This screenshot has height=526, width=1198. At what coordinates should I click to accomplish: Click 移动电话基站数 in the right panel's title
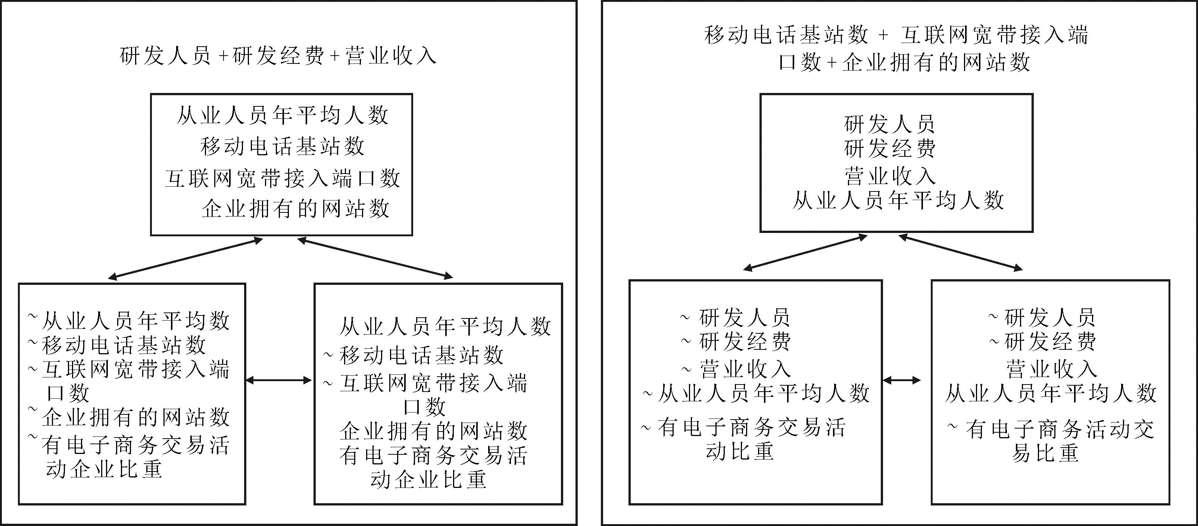786,35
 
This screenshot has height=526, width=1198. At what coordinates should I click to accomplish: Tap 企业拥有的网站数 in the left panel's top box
296,209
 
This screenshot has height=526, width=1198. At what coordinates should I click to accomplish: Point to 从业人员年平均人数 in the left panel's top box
282,115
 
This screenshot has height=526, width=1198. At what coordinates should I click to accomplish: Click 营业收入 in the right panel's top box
890,176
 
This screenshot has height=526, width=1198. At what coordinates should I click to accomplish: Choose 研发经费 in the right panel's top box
890,149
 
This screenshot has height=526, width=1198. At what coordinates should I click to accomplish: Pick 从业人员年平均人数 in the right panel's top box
898,201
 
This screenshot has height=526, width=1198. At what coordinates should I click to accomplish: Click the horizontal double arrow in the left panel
278,380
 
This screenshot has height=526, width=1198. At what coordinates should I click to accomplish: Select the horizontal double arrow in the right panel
902,380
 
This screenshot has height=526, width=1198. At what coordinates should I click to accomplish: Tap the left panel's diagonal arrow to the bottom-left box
185,259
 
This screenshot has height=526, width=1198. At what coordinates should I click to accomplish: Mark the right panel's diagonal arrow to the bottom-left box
805,252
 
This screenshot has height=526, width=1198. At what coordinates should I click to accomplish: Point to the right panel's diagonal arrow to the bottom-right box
960,252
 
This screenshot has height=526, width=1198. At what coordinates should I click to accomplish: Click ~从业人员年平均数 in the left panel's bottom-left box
129,320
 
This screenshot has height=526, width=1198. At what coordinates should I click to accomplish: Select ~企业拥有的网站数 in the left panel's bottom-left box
129,416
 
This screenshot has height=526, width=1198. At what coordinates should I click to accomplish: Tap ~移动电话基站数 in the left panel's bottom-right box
414,355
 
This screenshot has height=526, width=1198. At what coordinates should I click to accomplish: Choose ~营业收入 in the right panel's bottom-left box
736,369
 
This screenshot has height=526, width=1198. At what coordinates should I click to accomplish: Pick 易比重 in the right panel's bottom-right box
1045,452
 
